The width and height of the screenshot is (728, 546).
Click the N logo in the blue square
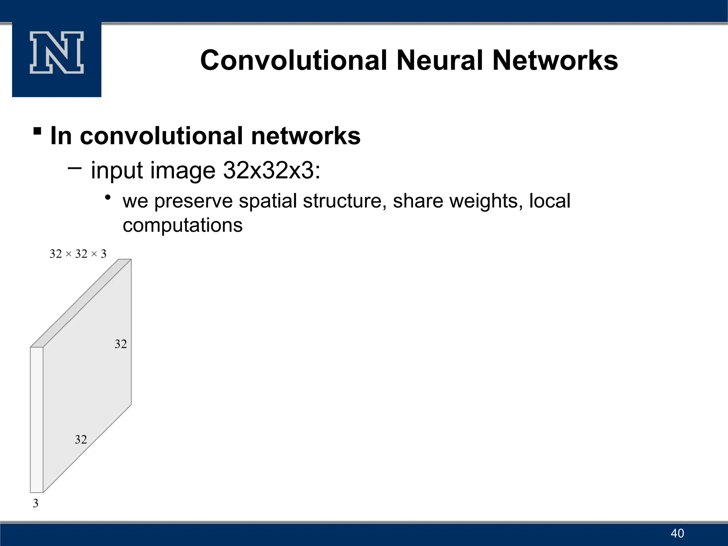point(57,53)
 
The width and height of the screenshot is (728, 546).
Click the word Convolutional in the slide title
point(294,60)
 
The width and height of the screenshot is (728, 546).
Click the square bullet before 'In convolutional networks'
point(37,131)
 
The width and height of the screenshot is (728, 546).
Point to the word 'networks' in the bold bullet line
point(306,136)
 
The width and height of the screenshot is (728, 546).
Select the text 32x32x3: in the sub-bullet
point(272,170)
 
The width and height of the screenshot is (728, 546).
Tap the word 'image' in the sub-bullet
point(183,170)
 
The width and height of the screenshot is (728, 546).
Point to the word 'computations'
point(182,225)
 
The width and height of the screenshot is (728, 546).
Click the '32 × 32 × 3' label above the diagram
point(78,254)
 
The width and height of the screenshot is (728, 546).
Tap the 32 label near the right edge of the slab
point(121,344)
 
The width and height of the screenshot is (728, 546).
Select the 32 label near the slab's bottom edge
point(81,440)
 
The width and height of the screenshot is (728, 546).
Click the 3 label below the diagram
point(36,503)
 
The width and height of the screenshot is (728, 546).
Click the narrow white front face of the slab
point(37,419)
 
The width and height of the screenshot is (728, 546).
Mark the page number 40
point(677,533)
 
